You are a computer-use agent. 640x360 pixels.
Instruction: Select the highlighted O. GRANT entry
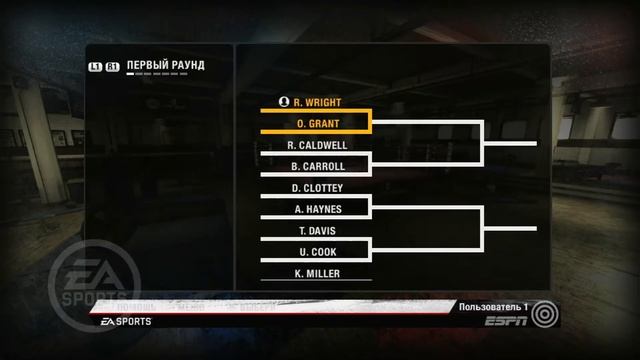pyautogui.click(x=316, y=123)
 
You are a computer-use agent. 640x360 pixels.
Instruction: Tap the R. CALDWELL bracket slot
pyautogui.click(x=316, y=145)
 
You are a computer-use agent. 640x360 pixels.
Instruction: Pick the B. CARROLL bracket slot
pyautogui.click(x=316, y=166)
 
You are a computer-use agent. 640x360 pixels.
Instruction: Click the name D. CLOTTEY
pyautogui.click(x=317, y=187)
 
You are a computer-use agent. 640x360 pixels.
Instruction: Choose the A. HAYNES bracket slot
pyautogui.click(x=316, y=209)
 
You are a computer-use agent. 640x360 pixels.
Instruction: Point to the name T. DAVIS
pyautogui.click(x=316, y=230)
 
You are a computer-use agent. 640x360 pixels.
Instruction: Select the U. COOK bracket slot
pyautogui.click(x=316, y=251)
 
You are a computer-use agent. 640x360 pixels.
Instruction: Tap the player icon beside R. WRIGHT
pyautogui.click(x=286, y=102)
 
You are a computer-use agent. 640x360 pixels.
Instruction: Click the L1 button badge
pyautogui.click(x=95, y=67)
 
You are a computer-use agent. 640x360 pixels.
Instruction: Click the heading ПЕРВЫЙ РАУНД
pyautogui.click(x=166, y=66)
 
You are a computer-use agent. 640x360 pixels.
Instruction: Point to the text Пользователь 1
pyautogui.click(x=491, y=306)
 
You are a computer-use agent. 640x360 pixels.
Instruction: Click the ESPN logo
pyautogui.click(x=505, y=323)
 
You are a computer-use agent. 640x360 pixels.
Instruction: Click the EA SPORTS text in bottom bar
pyautogui.click(x=126, y=323)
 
